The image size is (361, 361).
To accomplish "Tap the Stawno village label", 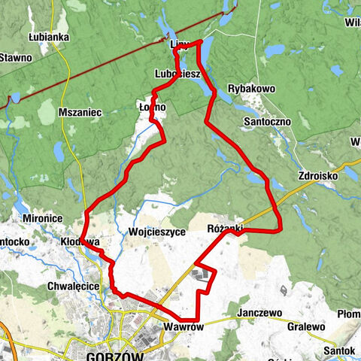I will pyautogui.click(x=16, y=57).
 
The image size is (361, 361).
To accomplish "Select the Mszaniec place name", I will pyautogui.click(x=84, y=112).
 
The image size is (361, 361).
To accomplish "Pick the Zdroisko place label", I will pyautogui.click(x=317, y=170).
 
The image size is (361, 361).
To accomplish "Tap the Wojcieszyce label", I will pyautogui.click(x=157, y=232).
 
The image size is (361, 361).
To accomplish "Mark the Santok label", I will pyautogui.click(x=337, y=350).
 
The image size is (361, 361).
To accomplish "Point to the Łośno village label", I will pyautogui.click(x=152, y=108).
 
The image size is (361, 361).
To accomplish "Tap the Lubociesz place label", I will pyautogui.click(x=177, y=74).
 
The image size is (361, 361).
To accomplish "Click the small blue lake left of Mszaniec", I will pyautogui.click(x=59, y=151).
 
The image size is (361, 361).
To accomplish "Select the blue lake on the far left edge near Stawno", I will pyautogui.click(x=14, y=98).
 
